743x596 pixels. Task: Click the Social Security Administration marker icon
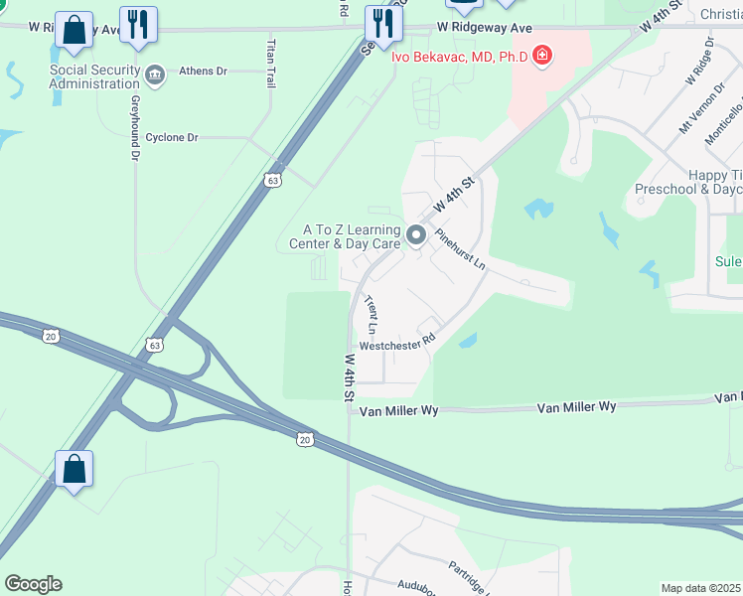(x=155, y=74)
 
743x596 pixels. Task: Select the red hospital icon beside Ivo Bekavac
(x=542, y=55)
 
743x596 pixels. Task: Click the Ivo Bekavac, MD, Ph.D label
(x=458, y=56)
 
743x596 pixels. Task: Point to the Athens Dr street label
(x=203, y=72)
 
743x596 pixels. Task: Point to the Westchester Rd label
(x=397, y=344)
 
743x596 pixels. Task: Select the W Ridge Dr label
(x=698, y=66)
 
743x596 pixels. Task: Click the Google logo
(x=32, y=584)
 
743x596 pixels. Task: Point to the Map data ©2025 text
(x=701, y=588)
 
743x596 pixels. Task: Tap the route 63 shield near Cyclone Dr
(x=272, y=181)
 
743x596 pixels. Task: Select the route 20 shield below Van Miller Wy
(x=304, y=438)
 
